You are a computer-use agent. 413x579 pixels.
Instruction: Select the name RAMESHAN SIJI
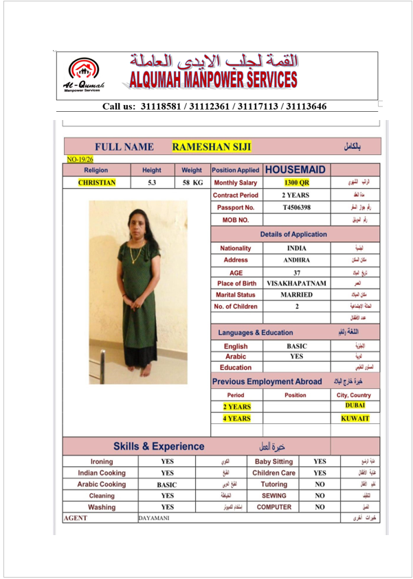tap(212, 147)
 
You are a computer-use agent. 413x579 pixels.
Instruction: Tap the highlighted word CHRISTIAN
tap(96, 182)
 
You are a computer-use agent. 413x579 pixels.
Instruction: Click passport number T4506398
tap(297, 208)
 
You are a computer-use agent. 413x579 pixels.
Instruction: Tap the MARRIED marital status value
tap(297, 295)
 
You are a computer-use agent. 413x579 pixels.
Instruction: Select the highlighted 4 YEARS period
tap(237, 418)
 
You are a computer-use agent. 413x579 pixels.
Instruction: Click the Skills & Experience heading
tap(159, 447)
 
